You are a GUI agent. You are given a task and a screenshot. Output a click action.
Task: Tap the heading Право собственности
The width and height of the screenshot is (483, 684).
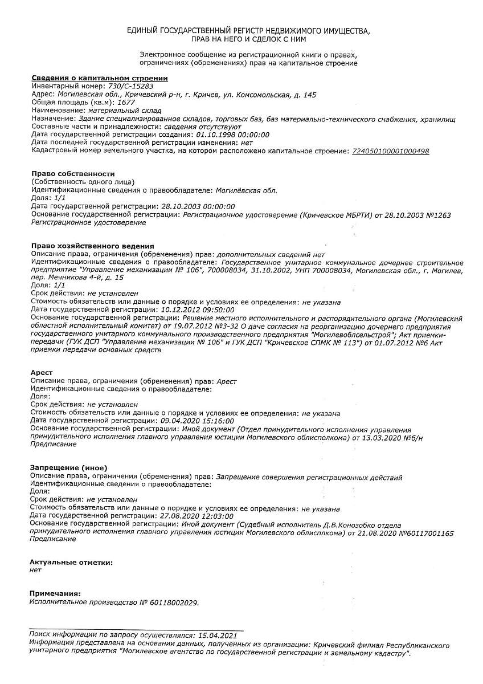pos(73,173)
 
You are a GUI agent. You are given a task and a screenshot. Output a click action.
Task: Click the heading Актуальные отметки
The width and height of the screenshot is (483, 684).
pos(71,562)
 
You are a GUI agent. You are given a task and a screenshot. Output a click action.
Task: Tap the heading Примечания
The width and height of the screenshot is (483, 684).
pos(55,593)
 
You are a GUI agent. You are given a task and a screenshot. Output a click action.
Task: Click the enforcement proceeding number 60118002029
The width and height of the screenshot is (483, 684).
pos(174,602)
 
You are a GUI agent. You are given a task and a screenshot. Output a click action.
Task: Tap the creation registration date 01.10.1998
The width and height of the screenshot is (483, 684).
pos(214,135)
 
